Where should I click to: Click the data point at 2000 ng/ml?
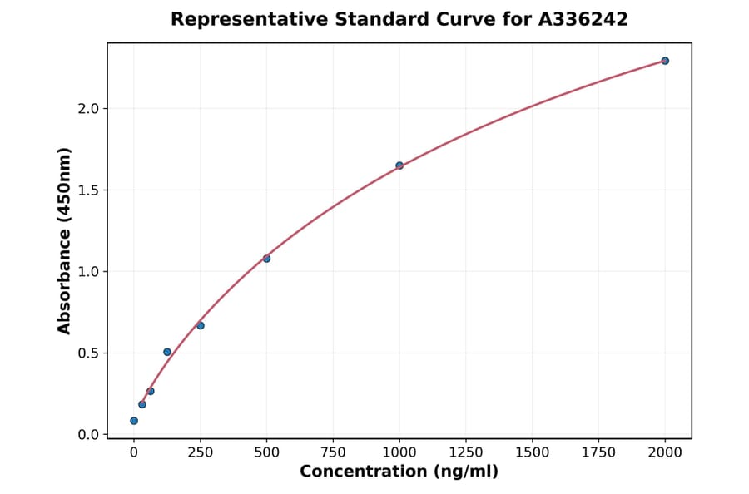[665, 61]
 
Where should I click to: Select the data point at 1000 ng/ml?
[399, 165]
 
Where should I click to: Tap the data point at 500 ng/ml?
[266, 259]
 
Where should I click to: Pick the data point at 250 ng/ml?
[201, 325]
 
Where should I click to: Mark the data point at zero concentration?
[134, 421]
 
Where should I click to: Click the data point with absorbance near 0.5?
[167, 352]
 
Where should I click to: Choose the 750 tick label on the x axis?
[333, 452]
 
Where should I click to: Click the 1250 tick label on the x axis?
[466, 452]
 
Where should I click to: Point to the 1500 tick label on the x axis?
[533, 452]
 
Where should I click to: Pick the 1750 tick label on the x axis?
[598, 452]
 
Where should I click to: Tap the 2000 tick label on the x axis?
[665, 452]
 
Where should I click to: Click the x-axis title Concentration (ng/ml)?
[399, 472]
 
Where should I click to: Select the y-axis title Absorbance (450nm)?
[65, 240]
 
